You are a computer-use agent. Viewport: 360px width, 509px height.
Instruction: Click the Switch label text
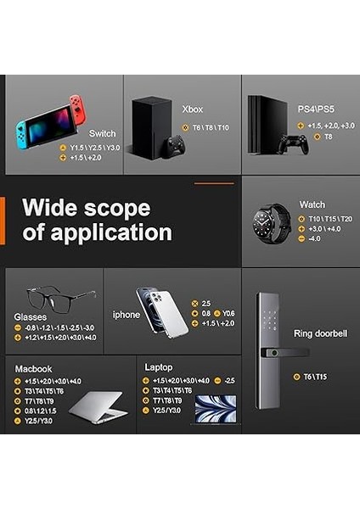pos(102,133)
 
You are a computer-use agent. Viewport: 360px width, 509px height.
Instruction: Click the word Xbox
pos(193,109)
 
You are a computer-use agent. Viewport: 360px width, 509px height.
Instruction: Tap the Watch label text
pos(312,204)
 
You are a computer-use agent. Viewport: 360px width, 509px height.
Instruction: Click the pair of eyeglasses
pos(59,297)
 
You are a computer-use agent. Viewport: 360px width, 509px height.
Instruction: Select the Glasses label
pos(30,317)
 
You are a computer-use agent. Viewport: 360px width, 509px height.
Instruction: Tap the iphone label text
pos(127,315)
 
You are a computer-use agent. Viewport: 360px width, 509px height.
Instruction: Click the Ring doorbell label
pos(320,333)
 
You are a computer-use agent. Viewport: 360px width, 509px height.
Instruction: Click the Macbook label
pos(33,369)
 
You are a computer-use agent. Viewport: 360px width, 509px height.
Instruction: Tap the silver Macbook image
pos(98,407)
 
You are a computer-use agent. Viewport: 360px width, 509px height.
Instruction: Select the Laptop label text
pos(159,367)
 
